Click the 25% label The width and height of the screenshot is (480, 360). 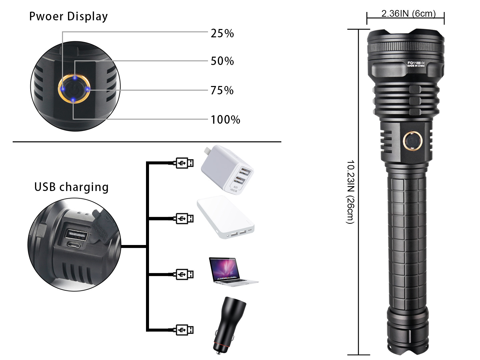click(222, 33)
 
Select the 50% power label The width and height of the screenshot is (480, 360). click(222, 61)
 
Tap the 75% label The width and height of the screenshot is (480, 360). click(222, 90)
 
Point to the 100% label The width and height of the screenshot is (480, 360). click(225, 120)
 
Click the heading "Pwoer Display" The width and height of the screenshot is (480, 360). click(68, 16)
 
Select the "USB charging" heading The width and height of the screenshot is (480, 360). click(71, 187)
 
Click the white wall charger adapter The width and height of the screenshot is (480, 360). click(227, 170)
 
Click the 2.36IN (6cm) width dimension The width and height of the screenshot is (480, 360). click(408, 13)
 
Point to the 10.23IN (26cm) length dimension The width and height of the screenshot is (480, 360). click(350, 192)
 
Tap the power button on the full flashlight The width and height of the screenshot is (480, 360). click(413, 141)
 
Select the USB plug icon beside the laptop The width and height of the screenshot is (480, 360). click(184, 274)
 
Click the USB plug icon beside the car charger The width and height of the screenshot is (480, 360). click(184, 330)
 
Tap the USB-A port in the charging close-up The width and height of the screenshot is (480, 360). click(76, 235)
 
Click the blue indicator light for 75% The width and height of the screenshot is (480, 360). click(88, 89)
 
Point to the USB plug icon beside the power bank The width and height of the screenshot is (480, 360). click(184, 219)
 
